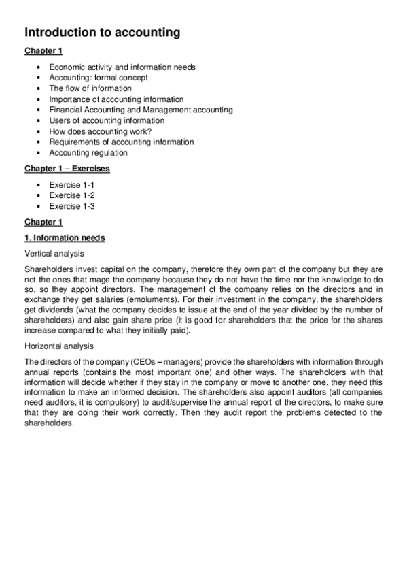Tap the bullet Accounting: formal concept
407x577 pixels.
click(x=99, y=78)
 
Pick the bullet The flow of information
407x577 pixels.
click(x=90, y=88)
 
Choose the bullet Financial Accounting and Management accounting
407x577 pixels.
click(x=141, y=110)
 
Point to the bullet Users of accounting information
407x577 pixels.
click(x=107, y=120)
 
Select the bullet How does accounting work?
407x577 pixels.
click(x=100, y=131)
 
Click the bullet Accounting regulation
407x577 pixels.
click(x=88, y=152)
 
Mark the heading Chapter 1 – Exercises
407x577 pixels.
click(x=67, y=168)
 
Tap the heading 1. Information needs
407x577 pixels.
click(x=65, y=237)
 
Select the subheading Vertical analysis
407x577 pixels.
click(x=53, y=253)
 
